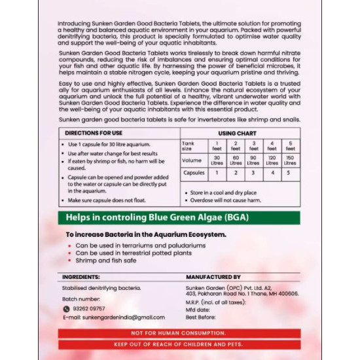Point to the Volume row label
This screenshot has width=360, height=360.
coord(192,160)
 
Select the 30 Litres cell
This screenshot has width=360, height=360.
coord(217,160)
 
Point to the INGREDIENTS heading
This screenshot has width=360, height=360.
coord(81,277)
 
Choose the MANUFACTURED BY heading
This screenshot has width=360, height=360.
coord(213,277)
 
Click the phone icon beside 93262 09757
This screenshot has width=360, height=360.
coord(66,309)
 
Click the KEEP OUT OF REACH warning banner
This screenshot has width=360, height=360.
coord(179,344)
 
